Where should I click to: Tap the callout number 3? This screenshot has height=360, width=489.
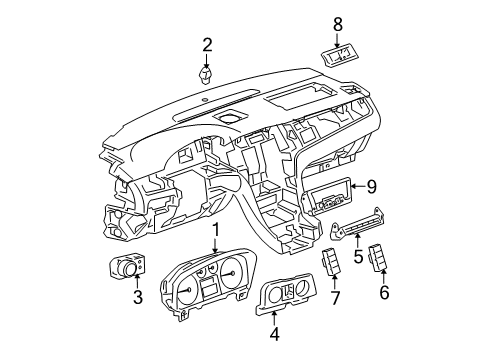[138, 299]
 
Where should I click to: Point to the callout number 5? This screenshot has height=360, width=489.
[357, 257]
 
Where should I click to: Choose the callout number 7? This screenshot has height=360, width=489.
[335, 297]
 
